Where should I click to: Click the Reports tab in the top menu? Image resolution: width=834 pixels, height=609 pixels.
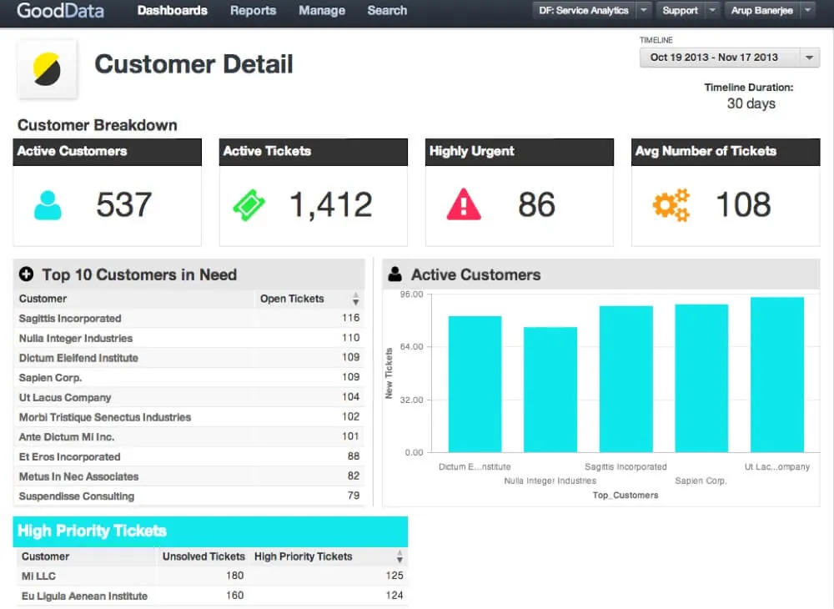click(x=253, y=11)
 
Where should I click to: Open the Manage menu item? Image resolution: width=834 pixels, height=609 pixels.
click(x=322, y=11)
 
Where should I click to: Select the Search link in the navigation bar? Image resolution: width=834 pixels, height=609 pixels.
click(x=387, y=11)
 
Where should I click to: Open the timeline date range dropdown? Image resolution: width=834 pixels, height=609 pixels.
click(x=729, y=58)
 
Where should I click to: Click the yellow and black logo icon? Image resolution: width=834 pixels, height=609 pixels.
click(x=47, y=69)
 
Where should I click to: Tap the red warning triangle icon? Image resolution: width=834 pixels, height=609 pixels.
click(x=464, y=204)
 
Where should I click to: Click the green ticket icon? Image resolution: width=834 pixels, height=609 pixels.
click(x=249, y=205)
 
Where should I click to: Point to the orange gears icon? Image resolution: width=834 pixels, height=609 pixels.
click(x=671, y=205)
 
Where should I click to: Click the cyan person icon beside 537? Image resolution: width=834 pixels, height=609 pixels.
click(x=48, y=205)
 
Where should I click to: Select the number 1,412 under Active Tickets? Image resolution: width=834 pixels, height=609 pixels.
click(x=330, y=205)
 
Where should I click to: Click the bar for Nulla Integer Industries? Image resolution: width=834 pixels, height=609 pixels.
click(x=550, y=390)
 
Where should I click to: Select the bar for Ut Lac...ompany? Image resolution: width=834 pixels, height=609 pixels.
click(x=776, y=375)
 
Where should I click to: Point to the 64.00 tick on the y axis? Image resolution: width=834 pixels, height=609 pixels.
click(x=413, y=347)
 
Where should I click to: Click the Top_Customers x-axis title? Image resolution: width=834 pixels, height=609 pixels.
click(x=625, y=495)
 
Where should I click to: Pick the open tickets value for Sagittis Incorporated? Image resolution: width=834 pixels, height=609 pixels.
click(x=350, y=318)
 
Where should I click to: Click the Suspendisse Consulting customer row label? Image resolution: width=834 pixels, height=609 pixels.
click(x=77, y=496)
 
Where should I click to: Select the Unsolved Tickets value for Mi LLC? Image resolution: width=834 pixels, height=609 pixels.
click(x=234, y=576)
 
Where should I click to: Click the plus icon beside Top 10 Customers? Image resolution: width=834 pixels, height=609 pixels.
click(x=26, y=274)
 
